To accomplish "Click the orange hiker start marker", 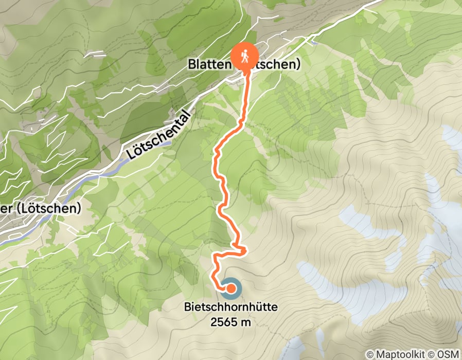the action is [x=245, y=54].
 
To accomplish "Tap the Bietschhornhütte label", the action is [x=231, y=308].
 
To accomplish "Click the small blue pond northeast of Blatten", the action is [x=314, y=43].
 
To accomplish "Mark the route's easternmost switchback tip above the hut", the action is [x=246, y=250].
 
